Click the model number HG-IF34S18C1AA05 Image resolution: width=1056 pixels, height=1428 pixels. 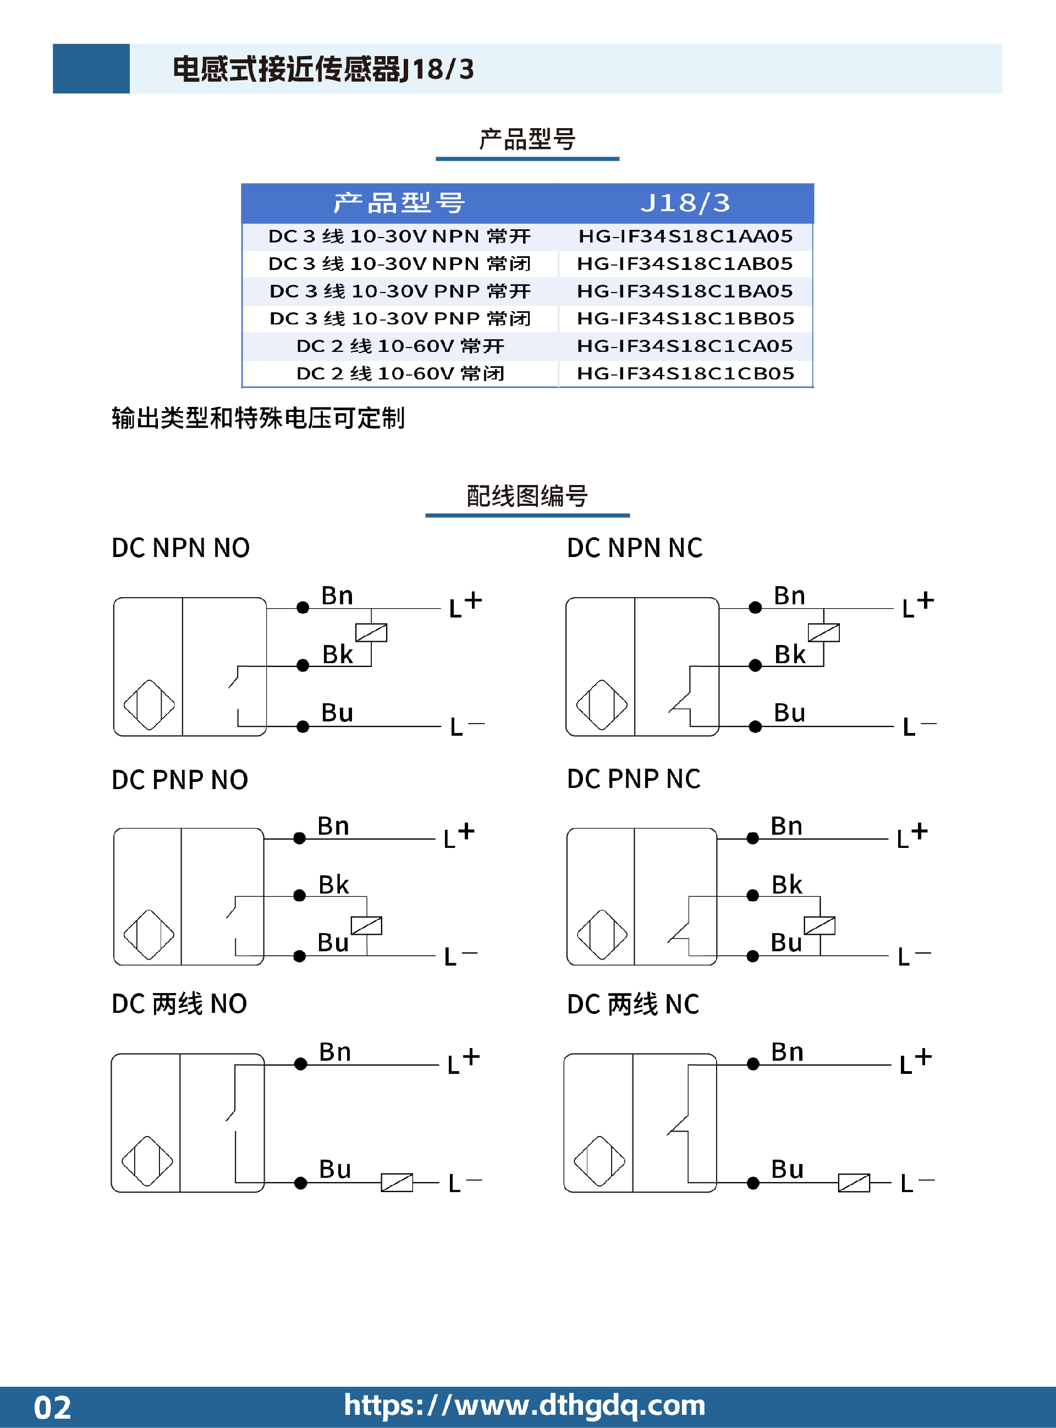click(685, 236)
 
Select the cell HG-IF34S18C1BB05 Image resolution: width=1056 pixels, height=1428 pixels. click(685, 318)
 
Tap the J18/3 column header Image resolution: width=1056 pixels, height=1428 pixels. click(685, 203)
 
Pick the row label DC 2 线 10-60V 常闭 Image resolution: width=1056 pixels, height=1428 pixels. click(400, 373)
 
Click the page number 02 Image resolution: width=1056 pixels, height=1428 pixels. click(52, 1408)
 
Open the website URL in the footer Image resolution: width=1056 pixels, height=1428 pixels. click(524, 1405)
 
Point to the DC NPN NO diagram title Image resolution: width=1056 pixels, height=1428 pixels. click(180, 548)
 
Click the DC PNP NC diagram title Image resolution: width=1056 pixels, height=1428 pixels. click(634, 779)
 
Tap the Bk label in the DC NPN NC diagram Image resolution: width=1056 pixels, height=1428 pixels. click(789, 654)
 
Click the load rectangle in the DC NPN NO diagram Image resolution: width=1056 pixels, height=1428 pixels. click(371, 632)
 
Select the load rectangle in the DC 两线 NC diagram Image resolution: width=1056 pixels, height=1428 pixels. click(854, 1183)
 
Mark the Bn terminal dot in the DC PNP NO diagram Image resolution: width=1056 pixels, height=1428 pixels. click(299, 839)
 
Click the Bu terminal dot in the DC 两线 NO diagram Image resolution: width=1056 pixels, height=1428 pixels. click(300, 1183)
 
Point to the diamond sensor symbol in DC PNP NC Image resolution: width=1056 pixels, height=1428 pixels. click(602, 935)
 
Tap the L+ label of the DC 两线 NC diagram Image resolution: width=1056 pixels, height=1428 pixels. click(915, 1061)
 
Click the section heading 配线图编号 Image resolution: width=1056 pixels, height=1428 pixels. click(527, 496)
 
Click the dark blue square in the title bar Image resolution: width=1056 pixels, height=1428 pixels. click(91, 68)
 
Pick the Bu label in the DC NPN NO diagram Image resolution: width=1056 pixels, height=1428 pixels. click(337, 713)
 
